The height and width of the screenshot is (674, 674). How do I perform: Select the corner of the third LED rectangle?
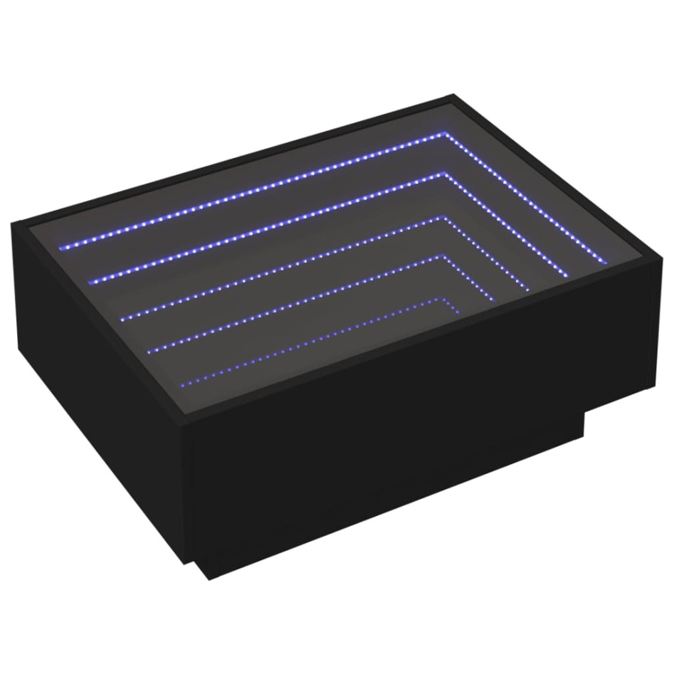(x=443, y=219)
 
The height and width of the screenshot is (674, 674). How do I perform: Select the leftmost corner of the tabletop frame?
(x=13, y=223)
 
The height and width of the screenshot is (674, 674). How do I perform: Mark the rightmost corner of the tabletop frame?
(x=660, y=263)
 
